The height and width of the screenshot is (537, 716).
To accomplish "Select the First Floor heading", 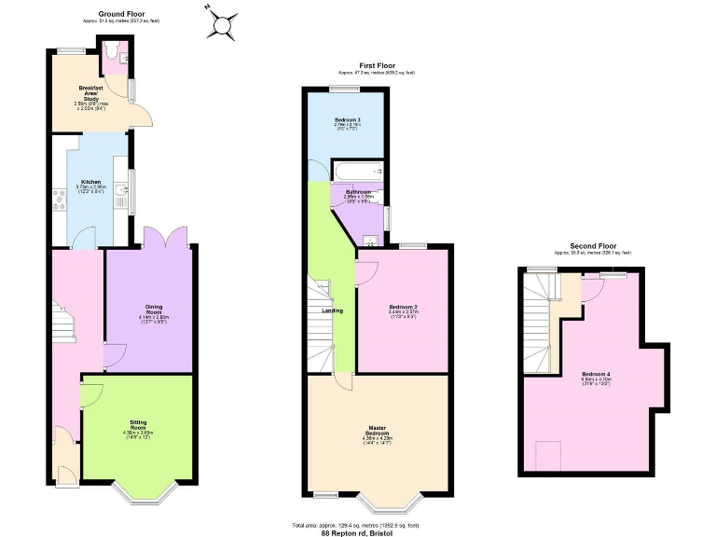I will pyautogui.click(x=376, y=65).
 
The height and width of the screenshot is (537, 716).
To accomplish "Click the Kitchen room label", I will pyautogui.click(x=90, y=182).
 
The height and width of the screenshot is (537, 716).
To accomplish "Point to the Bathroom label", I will pyautogui.click(x=358, y=191).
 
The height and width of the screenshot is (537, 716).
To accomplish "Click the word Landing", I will pyautogui.click(x=332, y=310).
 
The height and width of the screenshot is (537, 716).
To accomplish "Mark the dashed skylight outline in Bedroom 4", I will pyautogui.click(x=549, y=457).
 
